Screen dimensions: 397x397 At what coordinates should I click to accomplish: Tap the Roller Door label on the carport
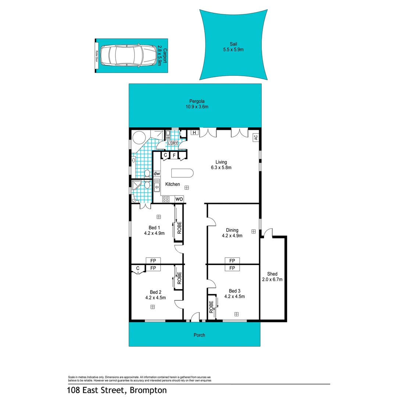97,56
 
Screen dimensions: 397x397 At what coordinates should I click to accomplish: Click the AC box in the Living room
255,137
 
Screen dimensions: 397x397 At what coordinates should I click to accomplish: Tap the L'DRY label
173,143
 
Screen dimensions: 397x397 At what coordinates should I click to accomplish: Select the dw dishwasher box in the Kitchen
157,174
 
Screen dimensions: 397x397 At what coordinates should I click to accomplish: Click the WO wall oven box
179,199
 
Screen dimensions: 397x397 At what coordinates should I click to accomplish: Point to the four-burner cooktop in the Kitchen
166,199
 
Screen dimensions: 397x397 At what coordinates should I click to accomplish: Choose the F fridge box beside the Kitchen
174,155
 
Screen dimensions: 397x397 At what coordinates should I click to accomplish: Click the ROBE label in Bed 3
211,307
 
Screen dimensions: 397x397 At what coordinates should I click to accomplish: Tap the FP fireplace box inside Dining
232,261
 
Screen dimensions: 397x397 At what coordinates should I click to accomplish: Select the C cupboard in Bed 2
138,268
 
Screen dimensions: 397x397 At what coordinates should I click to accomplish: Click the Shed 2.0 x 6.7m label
272,277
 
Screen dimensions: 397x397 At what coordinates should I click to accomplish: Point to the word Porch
199,335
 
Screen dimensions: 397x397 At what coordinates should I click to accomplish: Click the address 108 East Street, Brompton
117,390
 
